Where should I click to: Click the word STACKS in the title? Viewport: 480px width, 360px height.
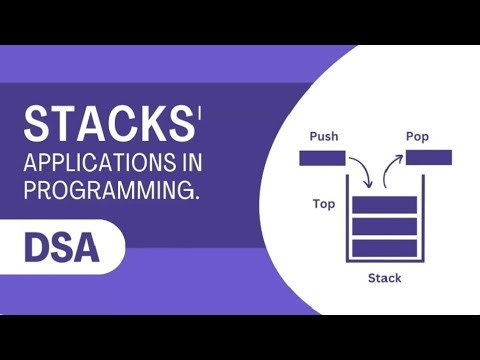106,126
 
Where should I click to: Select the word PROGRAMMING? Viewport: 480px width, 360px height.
109,189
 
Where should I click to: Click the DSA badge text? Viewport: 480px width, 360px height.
61,247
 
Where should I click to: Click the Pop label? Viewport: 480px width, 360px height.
417,136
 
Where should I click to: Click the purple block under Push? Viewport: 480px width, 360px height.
322,158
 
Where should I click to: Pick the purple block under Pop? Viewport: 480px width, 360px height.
428,157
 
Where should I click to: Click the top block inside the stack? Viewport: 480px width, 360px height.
383,204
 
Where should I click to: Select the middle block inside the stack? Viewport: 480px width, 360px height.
383,226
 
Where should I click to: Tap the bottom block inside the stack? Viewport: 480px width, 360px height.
383,248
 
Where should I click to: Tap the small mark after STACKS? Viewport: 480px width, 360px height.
199,112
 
